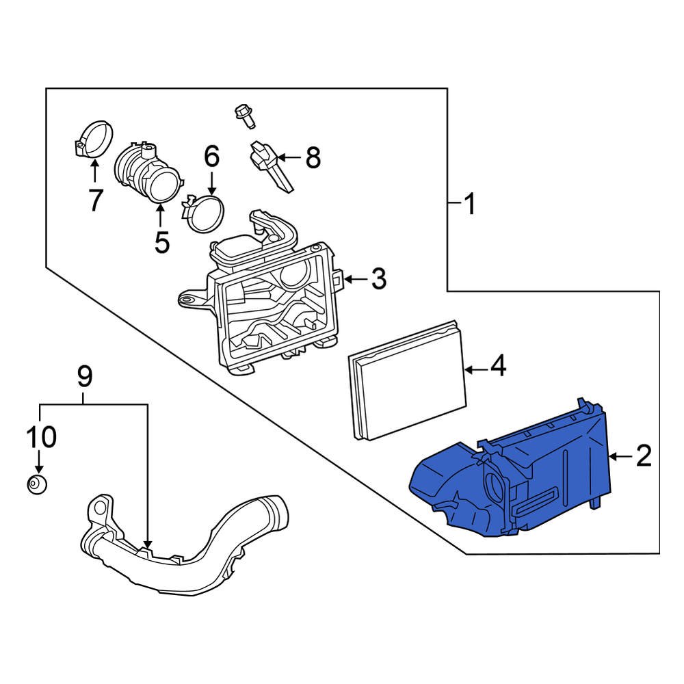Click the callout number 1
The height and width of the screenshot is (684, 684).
(x=469, y=204)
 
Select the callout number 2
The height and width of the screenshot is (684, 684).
(x=644, y=456)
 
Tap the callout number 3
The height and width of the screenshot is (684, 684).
(x=379, y=279)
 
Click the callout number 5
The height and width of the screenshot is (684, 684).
(x=161, y=242)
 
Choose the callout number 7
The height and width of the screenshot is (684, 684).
(x=94, y=200)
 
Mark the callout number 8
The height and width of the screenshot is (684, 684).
(x=312, y=159)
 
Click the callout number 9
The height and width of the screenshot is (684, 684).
(x=84, y=376)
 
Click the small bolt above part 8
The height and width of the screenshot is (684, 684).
(x=244, y=115)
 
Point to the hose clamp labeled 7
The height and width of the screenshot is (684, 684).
(x=93, y=140)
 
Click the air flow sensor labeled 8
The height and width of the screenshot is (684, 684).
(x=270, y=164)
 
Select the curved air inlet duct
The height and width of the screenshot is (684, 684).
(x=185, y=547)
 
